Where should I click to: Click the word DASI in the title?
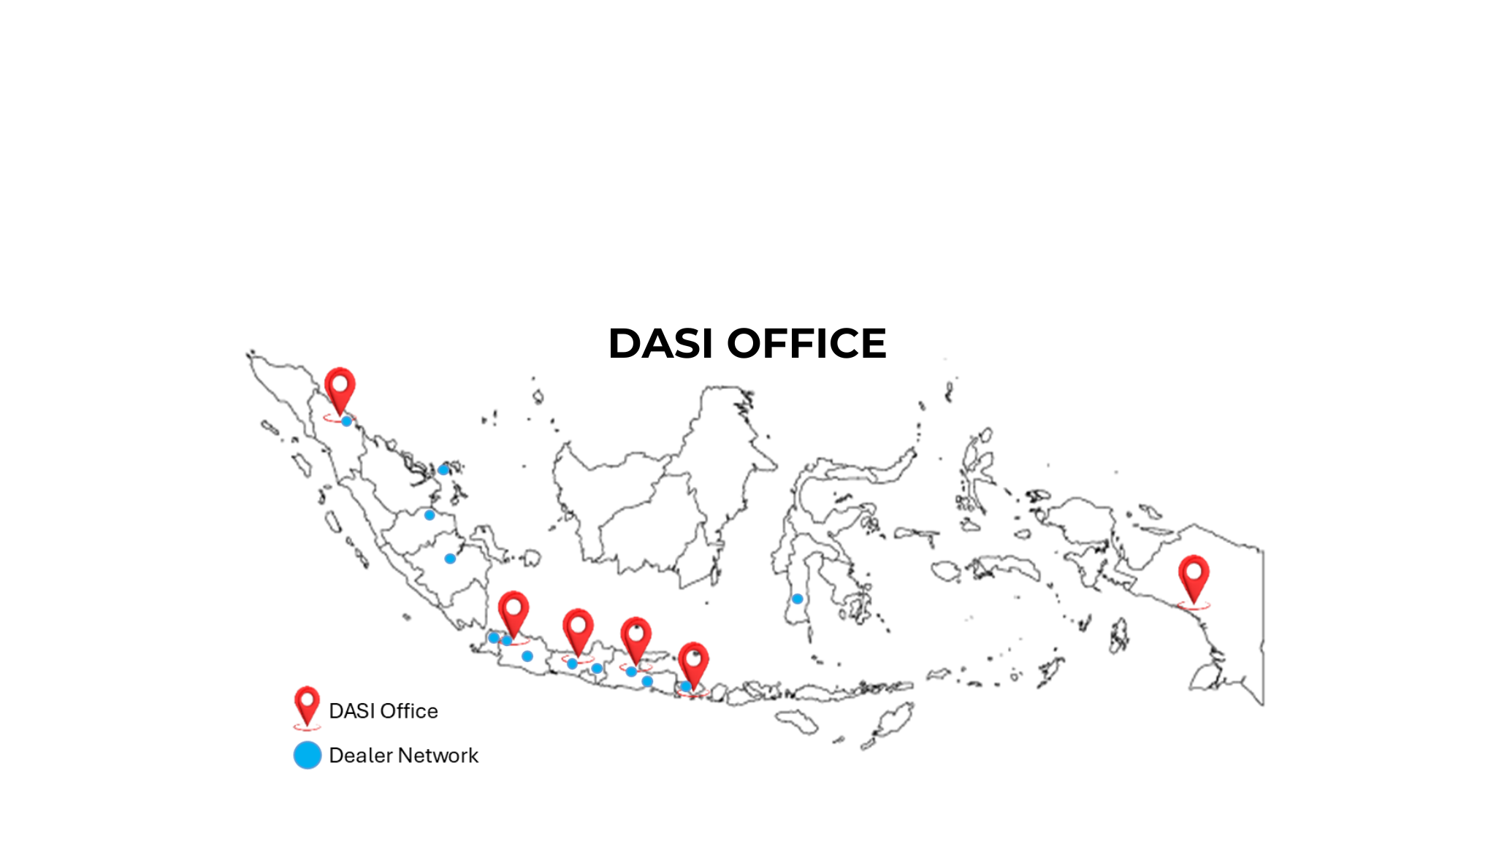coord(660,343)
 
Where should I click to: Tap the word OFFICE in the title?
coord(806,343)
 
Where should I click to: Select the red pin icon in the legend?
coord(307,704)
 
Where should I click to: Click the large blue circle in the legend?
coord(308,756)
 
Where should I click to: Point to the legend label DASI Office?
coord(383,711)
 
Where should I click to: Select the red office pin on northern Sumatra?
coord(340,388)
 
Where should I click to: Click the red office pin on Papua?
coord(1194,577)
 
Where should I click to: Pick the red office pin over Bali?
coord(693,663)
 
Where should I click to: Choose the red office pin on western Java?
coord(514,612)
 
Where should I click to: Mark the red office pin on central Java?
coord(578,629)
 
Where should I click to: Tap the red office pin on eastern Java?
coord(636,638)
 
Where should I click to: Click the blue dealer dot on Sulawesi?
coord(798,599)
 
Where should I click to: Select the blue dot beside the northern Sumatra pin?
coord(346,421)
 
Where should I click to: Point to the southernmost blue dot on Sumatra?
coord(450,558)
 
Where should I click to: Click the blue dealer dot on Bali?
coord(685,686)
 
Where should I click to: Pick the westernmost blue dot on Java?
coord(494,637)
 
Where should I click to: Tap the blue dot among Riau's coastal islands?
coord(443,469)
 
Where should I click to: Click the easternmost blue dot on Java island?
coord(647,681)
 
